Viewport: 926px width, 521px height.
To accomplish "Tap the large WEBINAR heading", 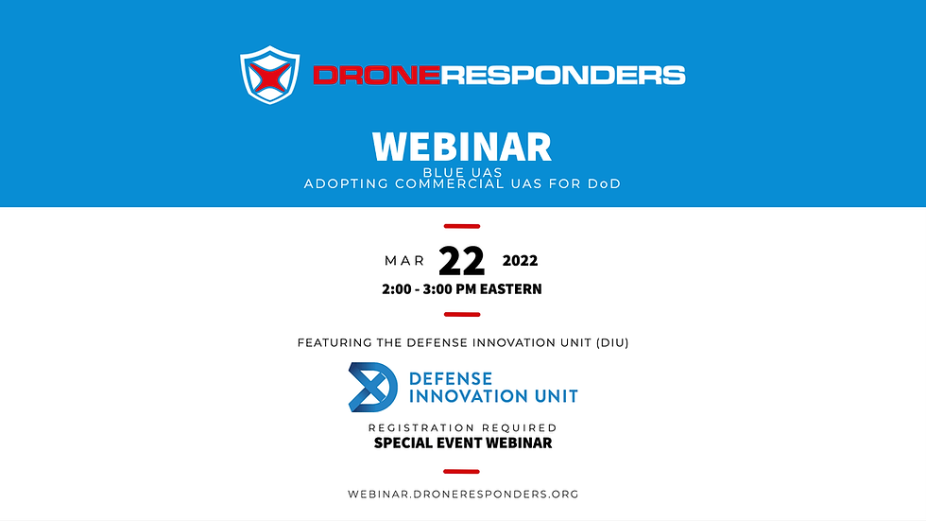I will [x=462, y=148].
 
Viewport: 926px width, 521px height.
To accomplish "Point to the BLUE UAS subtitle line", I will [x=462, y=172].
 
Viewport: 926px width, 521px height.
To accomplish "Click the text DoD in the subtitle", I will [x=603, y=184].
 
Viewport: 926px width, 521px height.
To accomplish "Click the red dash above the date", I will [x=462, y=226].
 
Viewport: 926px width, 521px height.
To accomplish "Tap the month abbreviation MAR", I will [x=404, y=261].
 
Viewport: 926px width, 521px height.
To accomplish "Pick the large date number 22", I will [x=462, y=261].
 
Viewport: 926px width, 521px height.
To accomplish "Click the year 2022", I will [x=520, y=261].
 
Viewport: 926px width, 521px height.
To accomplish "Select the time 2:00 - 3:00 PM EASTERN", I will [x=462, y=289].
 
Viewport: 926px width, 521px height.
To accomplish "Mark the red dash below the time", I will [x=462, y=315].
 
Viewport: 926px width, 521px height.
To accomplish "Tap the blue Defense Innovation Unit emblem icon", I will [x=372, y=387].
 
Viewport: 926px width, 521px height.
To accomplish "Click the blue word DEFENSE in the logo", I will [x=452, y=378].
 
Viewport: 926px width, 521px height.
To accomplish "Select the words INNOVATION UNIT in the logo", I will [x=492, y=396].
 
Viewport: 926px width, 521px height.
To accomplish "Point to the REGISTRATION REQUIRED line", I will [x=462, y=428].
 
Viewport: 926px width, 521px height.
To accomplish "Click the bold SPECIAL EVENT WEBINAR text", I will [x=462, y=443].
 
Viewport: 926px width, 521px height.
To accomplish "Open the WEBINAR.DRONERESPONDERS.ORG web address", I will [x=462, y=494].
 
